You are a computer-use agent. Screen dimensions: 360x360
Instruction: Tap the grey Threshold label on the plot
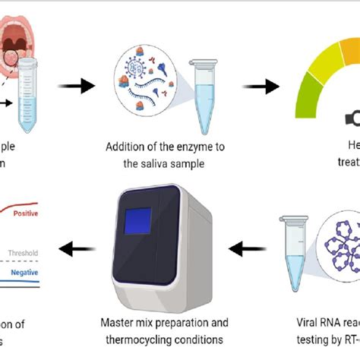pyautogui.click(x=23, y=253)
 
